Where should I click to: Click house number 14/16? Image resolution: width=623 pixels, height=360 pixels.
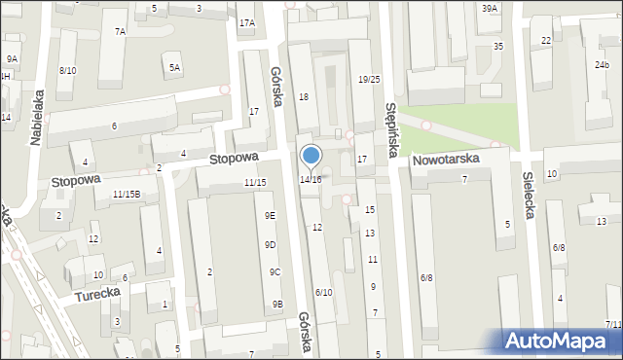pos(311,180)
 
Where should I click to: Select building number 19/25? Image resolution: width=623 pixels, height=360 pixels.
pos(369,79)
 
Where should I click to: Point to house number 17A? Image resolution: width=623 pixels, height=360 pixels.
pos(247,22)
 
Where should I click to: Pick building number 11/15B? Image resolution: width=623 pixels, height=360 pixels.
pos(127,194)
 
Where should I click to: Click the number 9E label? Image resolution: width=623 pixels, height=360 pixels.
pos(270,215)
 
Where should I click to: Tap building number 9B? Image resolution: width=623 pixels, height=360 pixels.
pos(277,305)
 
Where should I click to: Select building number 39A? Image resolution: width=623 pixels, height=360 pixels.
pos(489,8)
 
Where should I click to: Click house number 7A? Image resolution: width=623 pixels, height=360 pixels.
pos(120,31)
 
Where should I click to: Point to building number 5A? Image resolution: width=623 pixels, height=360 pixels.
pos(174,67)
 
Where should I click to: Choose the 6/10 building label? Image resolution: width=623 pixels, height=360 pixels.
pos(323,292)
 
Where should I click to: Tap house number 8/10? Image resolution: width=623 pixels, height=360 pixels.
pos(67,70)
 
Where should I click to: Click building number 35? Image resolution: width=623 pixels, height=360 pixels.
pos(498,46)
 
